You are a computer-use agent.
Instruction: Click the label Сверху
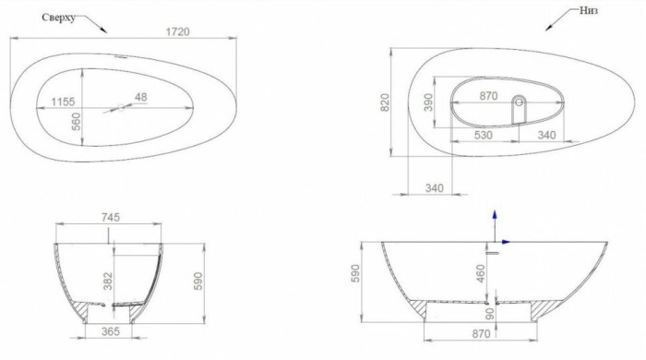tap(62, 18)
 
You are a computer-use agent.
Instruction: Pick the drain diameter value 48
tap(140, 96)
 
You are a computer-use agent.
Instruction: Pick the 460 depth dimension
tap(480, 273)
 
